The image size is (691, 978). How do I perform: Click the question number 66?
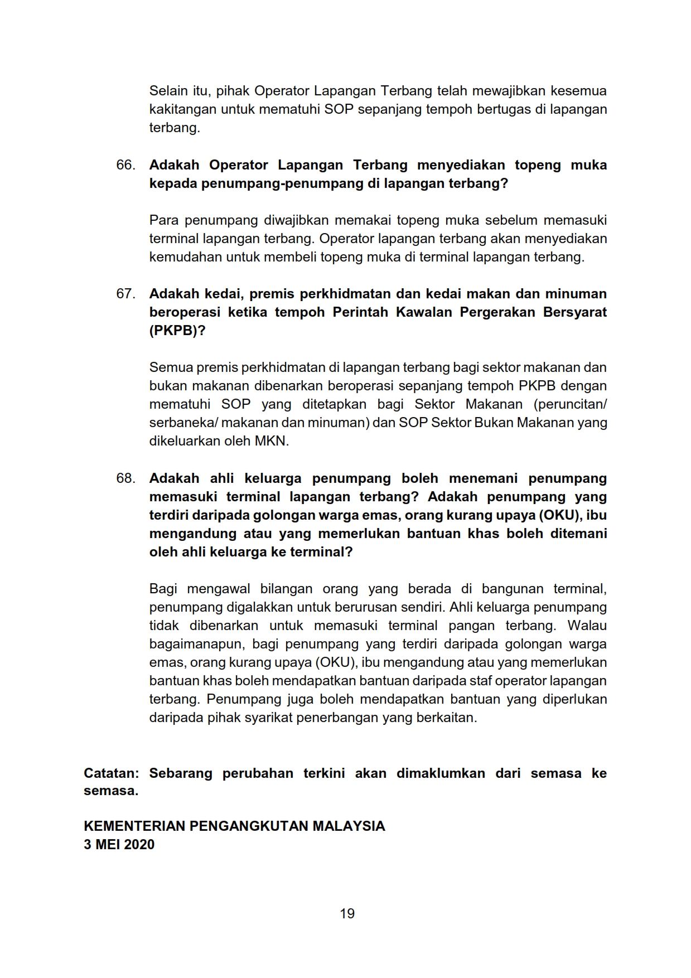125,165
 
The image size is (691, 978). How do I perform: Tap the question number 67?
125,294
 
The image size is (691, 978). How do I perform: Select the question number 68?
125,478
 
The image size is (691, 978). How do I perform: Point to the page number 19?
347,913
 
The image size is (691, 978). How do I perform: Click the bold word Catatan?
111,773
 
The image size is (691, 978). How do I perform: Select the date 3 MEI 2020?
119,844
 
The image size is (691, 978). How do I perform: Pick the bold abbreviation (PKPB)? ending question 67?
177,331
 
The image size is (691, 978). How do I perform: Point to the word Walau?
587,626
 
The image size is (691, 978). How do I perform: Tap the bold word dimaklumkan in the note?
441,773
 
